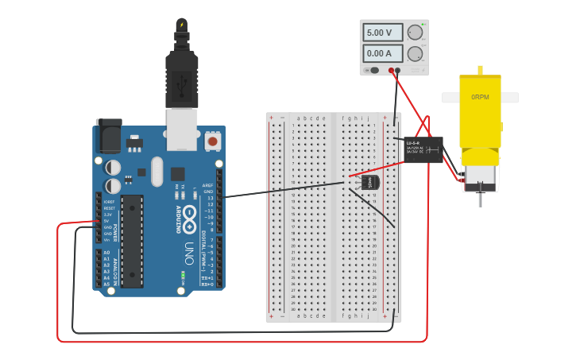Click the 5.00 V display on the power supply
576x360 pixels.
click(380, 33)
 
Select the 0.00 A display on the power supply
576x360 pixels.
click(380, 53)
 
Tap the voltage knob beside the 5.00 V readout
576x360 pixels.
click(415, 33)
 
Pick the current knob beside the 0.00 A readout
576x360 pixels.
click(415, 54)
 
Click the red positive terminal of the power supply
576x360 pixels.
click(391, 71)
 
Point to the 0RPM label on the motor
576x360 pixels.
click(480, 97)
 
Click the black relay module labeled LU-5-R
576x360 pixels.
click(423, 149)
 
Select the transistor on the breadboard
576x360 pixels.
click(369, 182)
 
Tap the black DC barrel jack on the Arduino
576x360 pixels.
click(108, 136)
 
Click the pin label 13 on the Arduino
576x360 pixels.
click(209, 198)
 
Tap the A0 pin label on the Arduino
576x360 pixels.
click(106, 253)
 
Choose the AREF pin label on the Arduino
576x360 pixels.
click(208, 185)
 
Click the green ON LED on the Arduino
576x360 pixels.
click(183, 274)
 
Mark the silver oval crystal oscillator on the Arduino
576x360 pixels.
click(156, 171)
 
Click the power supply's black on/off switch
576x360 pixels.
click(373, 71)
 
